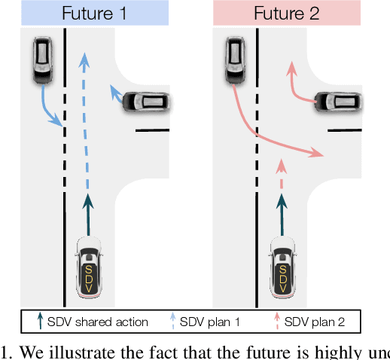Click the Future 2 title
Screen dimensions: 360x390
tap(288, 13)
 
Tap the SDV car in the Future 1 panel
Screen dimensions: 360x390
tap(89, 267)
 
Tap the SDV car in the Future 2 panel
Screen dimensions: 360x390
tap(283, 267)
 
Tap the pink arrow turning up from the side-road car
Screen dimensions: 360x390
tap(297, 87)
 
